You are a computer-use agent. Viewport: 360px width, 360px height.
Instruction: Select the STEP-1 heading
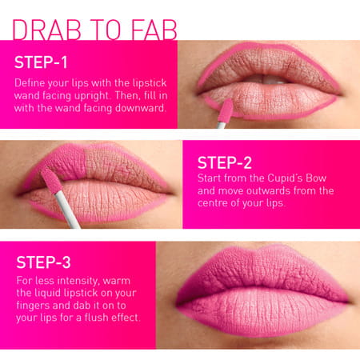click(x=43, y=63)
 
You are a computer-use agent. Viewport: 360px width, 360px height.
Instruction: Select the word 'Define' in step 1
click(x=30, y=82)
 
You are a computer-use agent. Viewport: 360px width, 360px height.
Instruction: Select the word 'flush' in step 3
click(x=101, y=318)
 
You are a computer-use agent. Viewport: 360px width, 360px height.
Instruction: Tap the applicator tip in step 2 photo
click(x=50, y=179)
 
